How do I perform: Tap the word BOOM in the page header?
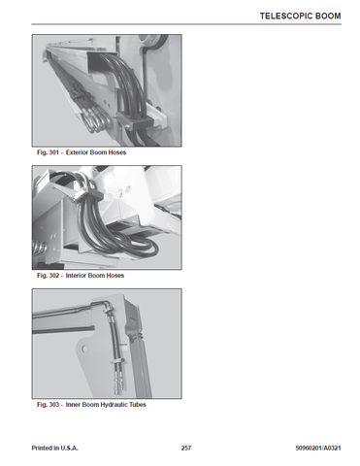328,16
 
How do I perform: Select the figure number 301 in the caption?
53,152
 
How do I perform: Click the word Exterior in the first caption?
77,152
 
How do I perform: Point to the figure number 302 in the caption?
53,276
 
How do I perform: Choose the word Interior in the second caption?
76,276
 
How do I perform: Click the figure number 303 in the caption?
53,405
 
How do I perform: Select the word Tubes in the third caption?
138,405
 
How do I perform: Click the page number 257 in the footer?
186,449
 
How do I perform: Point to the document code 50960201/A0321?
318,449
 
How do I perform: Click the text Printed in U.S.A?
54,449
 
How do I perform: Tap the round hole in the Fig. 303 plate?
84,349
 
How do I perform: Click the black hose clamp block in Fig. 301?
135,122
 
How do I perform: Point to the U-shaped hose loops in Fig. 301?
97,119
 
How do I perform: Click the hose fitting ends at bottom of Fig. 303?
117,382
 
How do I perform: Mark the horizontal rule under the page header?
186,24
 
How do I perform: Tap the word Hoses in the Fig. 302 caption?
115,276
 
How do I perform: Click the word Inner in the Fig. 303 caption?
73,405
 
